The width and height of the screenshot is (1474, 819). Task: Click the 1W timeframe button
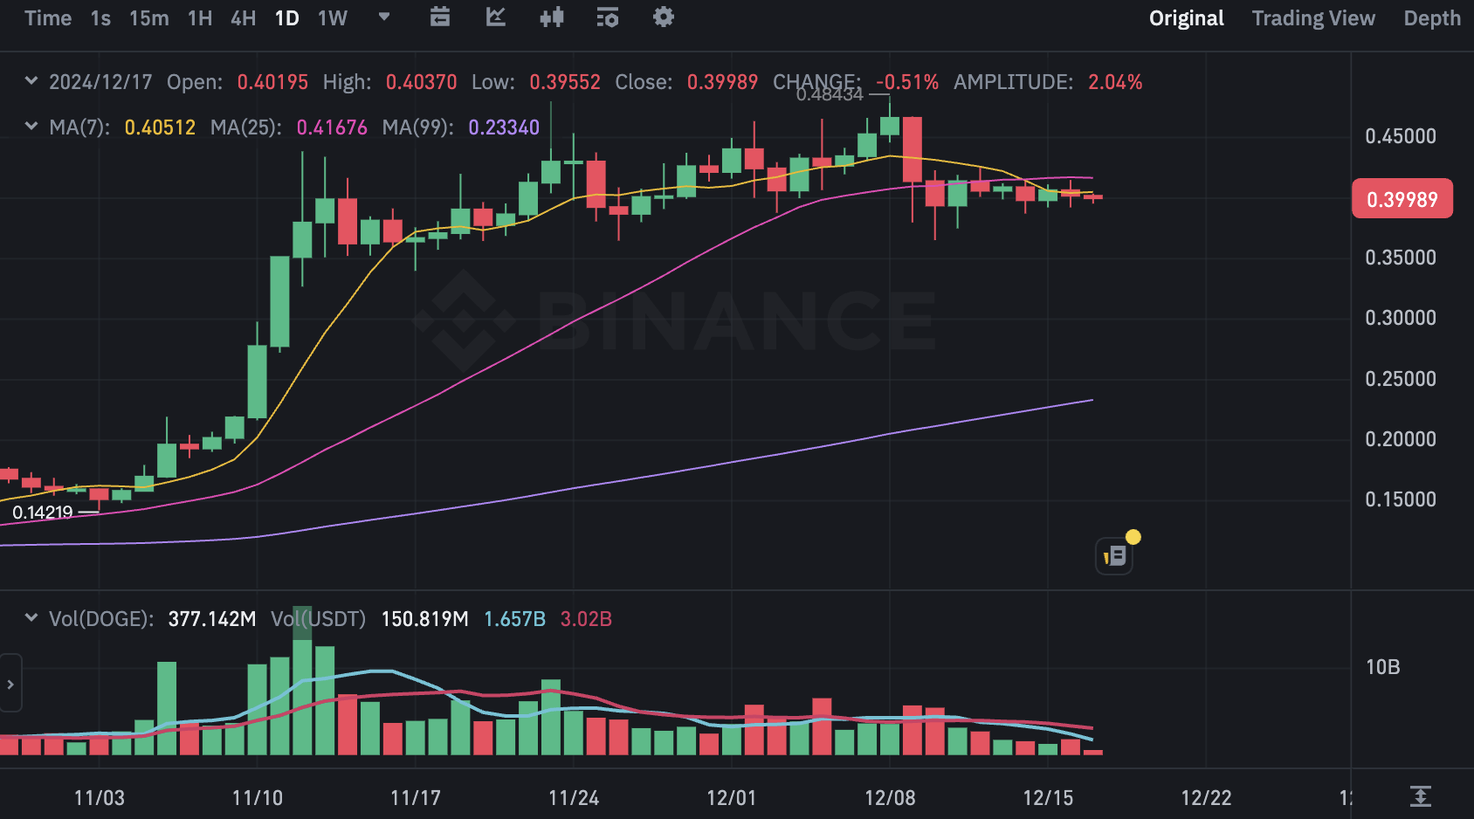(x=332, y=18)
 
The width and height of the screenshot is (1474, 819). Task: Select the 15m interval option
(x=148, y=18)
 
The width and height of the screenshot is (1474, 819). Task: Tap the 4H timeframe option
(x=243, y=18)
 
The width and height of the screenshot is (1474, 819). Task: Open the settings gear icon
(x=663, y=17)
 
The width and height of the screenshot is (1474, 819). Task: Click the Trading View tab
(x=1312, y=18)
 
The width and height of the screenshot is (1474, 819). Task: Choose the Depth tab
(x=1431, y=18)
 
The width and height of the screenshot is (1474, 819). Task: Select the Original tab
(x=1186, y=18)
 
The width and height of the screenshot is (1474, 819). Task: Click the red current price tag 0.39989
(x=1402, y=199)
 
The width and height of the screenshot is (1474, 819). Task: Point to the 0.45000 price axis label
(x=1400, y=136)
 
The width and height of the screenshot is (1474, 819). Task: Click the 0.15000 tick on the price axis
(x=1400, y=499)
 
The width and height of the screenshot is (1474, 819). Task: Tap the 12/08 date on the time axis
(x=890, y=797)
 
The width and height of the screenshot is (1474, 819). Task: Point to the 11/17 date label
(x=415, y=797)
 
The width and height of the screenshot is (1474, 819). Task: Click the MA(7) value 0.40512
(x=160, y=127)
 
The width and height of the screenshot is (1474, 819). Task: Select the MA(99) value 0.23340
(x=504, y=127)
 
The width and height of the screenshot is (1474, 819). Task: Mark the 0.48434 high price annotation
(x=829, y=94)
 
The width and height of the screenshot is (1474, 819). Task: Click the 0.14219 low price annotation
(x=43, y=513)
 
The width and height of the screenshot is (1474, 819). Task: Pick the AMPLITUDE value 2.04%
(x=1114, y=82)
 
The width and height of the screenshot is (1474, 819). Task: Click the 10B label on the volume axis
(x=1382, y=667)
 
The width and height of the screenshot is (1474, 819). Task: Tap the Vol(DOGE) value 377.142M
(x=211, y=619)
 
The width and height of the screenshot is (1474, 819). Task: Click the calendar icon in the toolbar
(x=440, y=17)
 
